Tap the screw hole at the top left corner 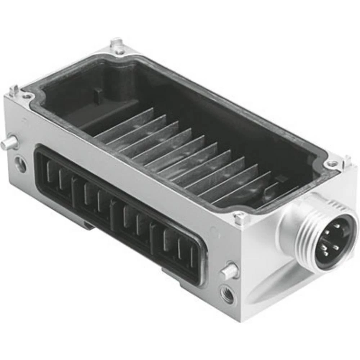pos(27,96)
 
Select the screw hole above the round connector pos(332,163)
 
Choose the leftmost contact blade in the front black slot pos(48,172)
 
